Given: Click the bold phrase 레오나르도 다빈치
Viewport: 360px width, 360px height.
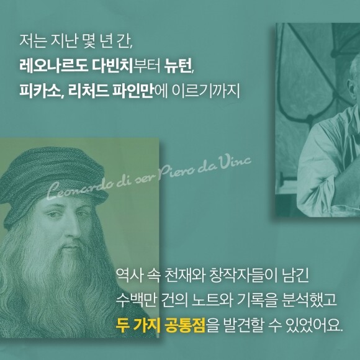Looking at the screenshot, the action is click(76, 66).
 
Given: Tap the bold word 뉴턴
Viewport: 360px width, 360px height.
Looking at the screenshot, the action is click(178, 66).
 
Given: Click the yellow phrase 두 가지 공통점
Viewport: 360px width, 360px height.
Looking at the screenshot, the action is click(160, 325).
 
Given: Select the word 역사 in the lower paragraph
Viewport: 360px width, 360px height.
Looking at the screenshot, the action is click(128, 275).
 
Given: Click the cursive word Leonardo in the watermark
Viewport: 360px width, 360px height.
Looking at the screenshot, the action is click(81, 189).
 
